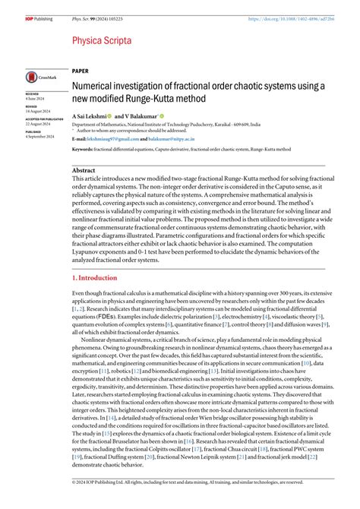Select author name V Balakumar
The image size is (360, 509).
click(141, 115)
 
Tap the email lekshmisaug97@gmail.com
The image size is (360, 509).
click(121, 140)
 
